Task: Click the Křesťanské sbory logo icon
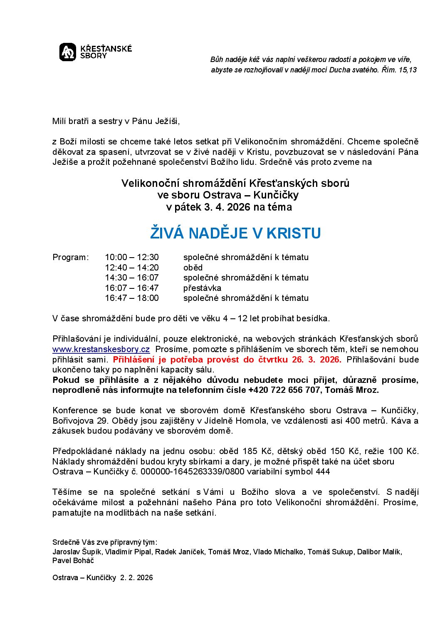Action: coord(68,52)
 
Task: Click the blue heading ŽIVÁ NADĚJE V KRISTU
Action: coord(235,233)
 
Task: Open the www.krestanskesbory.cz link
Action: coord(101,349)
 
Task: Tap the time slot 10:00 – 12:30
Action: coord(132,257)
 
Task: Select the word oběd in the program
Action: coord(193,268)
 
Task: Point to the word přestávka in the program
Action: coord(202,288)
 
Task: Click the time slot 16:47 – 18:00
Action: coord(132,298)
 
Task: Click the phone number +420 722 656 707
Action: coord(284,390)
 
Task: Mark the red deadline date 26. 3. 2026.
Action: coord(316,360)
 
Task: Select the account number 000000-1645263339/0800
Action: coord(193,472)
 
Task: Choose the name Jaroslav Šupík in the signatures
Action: coord(77,552)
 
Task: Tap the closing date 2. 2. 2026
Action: coord(136,578)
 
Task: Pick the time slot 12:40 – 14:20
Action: coord(132,268)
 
